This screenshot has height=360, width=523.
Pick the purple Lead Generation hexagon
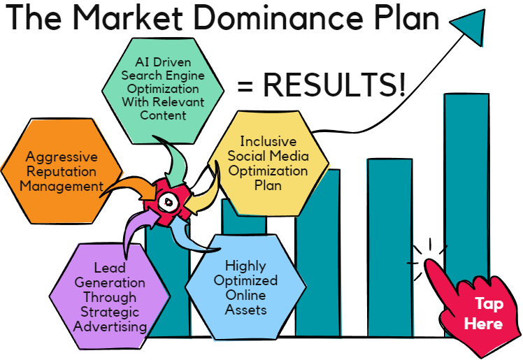pyautogui.click(x=110, y=296)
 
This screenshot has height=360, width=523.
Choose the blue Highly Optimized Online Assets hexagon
pyautogui.click(x=245, y=287)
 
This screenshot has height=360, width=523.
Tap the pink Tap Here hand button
pyautogui.click(x=480, y=312)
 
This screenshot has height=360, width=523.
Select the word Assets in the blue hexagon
pyautogui.click(x=245, y=309)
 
